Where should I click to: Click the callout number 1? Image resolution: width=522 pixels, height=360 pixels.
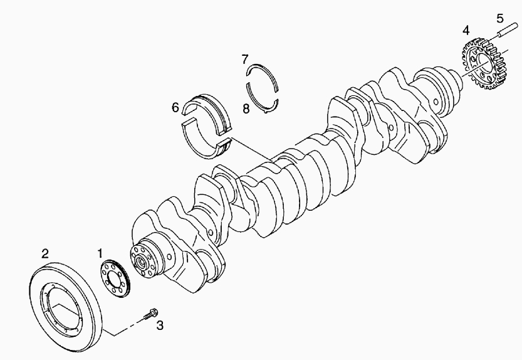click(x=100, y=253)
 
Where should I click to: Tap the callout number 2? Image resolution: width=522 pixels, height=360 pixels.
click(x=44, y=253)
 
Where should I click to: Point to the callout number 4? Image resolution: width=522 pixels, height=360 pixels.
click(x=466, y=30)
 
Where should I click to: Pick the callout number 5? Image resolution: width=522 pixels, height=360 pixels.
click(x=499, y=17)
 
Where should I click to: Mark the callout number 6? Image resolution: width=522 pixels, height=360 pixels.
click(x=175, y=107)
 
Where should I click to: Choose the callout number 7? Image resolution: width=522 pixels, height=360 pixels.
click(x=246, y=59)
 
